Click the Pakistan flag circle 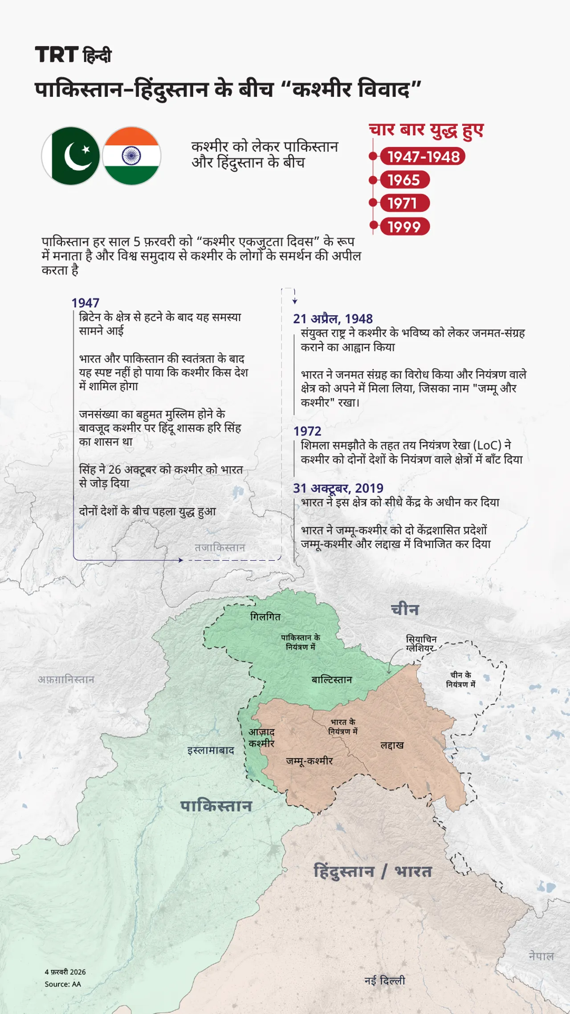point(70,156)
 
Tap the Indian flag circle point(131,156)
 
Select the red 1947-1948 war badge point(423,157)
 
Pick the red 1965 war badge point(404,180)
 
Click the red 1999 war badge point(404,227)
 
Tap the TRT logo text point(57,55)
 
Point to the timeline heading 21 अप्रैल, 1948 point(333,319)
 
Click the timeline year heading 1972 point(307,431)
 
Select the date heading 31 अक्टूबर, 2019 point(338,488)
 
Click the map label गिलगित point(265,617)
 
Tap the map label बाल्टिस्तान point(332,680)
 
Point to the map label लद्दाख point(392,745)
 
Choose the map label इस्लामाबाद point(211,750)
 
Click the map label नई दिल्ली point(385,981)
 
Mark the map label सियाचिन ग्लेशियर point(421,644)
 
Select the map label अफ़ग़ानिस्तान point(66,680)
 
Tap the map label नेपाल point(541,956)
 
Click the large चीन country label point(405,609)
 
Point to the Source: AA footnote point(63,984)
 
